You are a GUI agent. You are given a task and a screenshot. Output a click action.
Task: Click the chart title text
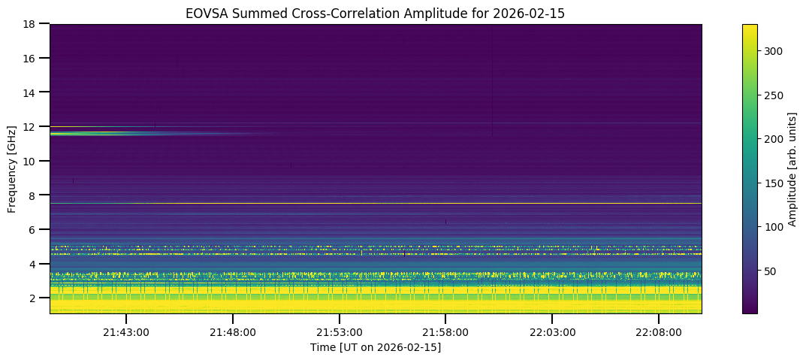(x=376, y=13)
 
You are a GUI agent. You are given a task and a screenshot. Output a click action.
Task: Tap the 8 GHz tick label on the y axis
(x=36, y=195)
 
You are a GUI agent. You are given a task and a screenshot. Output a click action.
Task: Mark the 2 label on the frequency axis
(x=36, y=298)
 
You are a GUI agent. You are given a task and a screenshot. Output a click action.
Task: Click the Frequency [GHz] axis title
(x=13, y=168)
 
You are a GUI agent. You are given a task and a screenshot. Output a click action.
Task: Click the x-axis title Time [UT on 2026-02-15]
(x=376, y=347)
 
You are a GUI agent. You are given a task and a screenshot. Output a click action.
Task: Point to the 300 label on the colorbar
(x=774, y=51)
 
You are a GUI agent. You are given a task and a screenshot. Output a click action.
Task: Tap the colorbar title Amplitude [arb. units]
(x=792, y=168)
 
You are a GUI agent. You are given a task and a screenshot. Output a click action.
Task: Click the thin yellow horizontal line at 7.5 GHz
(x=376, y=204)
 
